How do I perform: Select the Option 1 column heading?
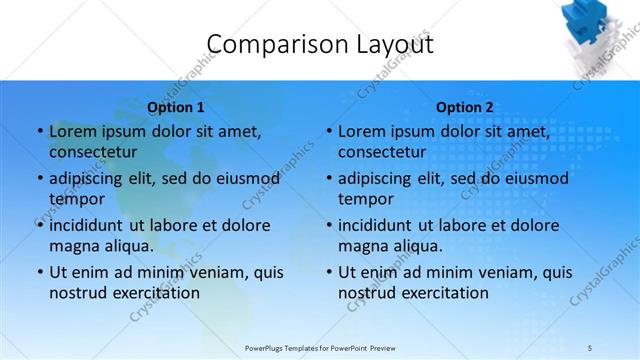click(176, 107)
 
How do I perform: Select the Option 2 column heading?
click(465, 107)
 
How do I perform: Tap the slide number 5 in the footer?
click(589, 348)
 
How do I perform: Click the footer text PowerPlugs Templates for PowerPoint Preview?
click(320, 348)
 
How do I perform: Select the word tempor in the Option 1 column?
click(74, 199)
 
